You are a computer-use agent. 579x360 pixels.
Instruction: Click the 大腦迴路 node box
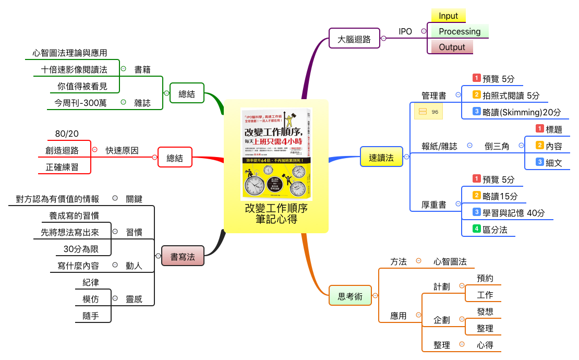point(355,39)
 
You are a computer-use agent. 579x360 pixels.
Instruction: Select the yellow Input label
point(448,16)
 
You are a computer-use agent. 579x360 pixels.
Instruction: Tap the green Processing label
point(459,31)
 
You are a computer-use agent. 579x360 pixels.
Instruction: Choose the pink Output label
point(452,47)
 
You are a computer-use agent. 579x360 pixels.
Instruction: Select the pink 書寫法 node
point(183,256)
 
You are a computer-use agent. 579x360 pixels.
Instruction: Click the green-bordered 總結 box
point(187,94)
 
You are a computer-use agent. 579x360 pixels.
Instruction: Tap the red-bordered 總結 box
point(175,157)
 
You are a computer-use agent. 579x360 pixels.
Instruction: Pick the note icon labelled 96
point(428,112)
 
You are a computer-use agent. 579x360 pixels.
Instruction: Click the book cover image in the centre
point(276,154)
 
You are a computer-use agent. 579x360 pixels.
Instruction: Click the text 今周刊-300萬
point(77,103)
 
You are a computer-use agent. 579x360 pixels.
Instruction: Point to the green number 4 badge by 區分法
point(476,228)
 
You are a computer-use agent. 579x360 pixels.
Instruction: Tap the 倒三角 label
point(497,146)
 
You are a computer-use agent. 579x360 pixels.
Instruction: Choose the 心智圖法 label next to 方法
point(450,261)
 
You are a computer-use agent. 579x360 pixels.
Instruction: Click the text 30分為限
point(81,248)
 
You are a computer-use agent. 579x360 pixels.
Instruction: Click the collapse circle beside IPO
point(424,31)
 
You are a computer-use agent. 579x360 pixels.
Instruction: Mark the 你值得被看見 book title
point(81,86)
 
